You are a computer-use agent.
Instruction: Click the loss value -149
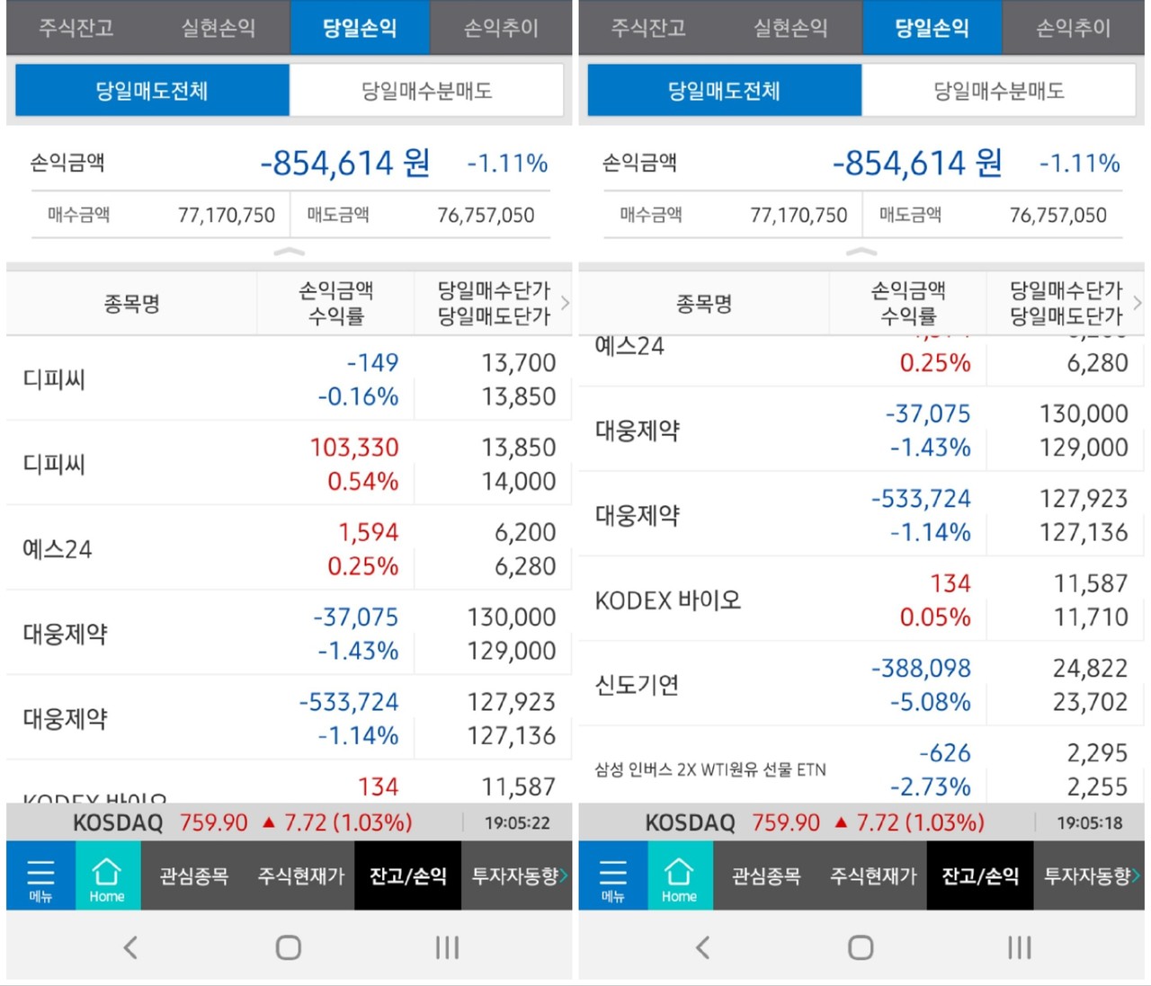[372, 362]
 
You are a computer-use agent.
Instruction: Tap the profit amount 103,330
[354, 447]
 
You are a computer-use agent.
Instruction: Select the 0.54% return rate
[362, 481]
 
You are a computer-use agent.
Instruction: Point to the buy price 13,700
[518, 362]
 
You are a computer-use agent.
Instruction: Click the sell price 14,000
[518, 481]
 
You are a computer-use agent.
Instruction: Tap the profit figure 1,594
[368, 532]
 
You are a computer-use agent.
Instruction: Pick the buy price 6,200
[525, 532]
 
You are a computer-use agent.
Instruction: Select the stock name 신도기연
[637, 685]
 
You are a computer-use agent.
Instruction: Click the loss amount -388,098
[921, 668]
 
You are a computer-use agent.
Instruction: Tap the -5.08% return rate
[930, 702]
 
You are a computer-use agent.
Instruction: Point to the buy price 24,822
[1090, 668]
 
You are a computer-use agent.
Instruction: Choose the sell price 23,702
[1090, 702]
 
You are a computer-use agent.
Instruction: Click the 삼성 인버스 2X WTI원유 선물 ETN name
[710, 769]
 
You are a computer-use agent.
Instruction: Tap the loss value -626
[944, 753]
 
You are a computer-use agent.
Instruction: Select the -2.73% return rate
[930, 787]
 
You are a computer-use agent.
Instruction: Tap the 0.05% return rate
[935, 617]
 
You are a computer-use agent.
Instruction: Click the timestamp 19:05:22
[517, 822]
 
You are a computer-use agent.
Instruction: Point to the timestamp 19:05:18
[1089, 822]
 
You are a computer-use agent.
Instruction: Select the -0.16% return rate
[358, 396]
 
